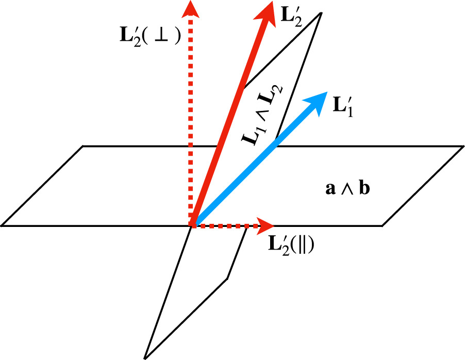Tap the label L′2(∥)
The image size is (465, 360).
(x=291, y=244)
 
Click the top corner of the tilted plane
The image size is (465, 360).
(x=321, y=12)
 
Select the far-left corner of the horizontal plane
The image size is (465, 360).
(x=2, y=225)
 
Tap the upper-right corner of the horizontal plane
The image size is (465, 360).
(x=463, y=146)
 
